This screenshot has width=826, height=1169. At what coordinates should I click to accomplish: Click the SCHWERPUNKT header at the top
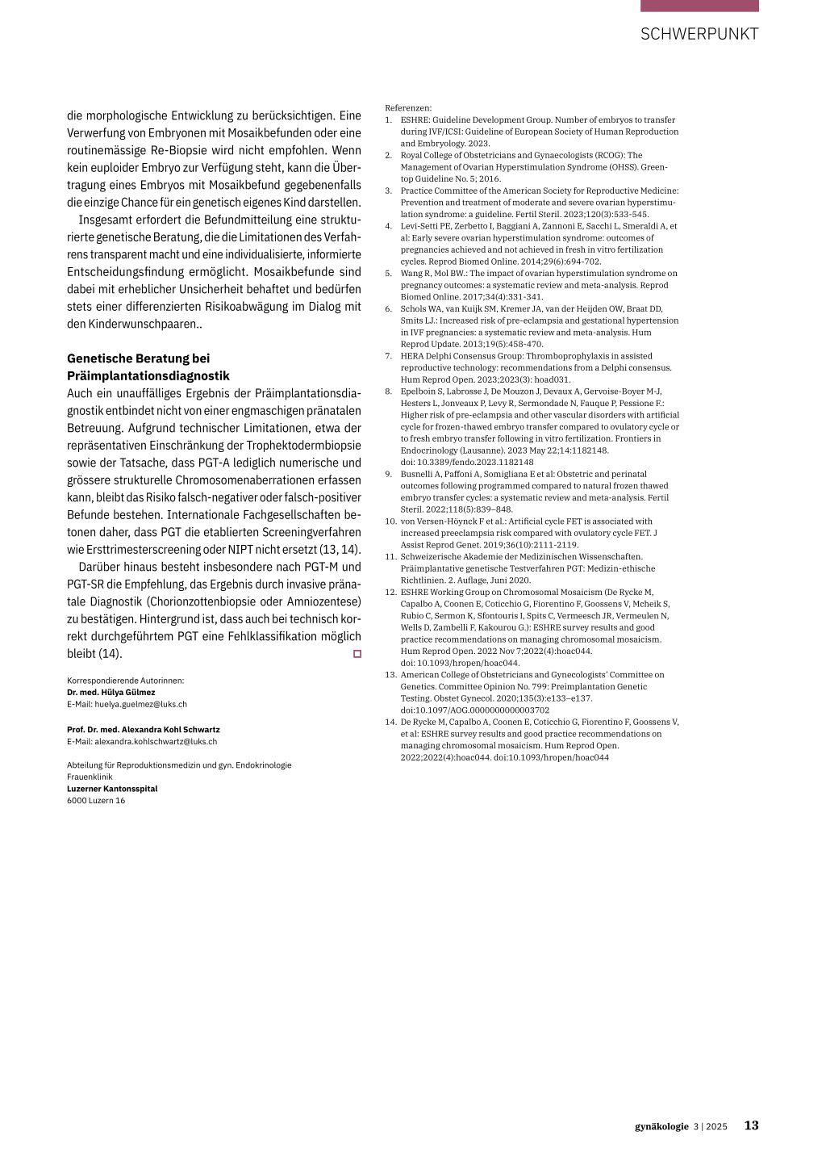click(x=699, y=34)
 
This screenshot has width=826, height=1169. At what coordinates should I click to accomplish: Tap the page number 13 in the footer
click(x=751, y=1125)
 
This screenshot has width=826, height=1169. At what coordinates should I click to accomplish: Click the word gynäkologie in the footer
click(x=661, y=1126)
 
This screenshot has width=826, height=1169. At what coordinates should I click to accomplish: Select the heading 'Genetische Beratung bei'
click(x=139, y=358)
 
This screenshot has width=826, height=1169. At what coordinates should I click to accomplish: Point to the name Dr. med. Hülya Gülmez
click(x=111, y=692)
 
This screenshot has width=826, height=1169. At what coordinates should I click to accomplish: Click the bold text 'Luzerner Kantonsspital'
click(x=112, y=789)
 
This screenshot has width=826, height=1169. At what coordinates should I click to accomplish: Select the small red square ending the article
click(x=357, y=654)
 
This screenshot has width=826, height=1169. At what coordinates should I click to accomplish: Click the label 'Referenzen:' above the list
click(x=408, y=108)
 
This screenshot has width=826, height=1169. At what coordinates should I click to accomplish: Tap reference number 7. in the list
click(x=389, y=356)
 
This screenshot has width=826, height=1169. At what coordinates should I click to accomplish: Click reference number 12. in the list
click(x=390, y=592)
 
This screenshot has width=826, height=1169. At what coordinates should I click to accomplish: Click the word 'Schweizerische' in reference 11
click(x=432, y=556)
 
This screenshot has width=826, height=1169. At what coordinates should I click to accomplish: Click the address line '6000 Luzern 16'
click(x=96, y=800)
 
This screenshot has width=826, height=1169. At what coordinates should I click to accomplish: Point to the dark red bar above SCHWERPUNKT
click(x=699, y=6)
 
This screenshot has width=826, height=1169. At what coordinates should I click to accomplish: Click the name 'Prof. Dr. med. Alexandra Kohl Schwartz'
click(x=144, y=729)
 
